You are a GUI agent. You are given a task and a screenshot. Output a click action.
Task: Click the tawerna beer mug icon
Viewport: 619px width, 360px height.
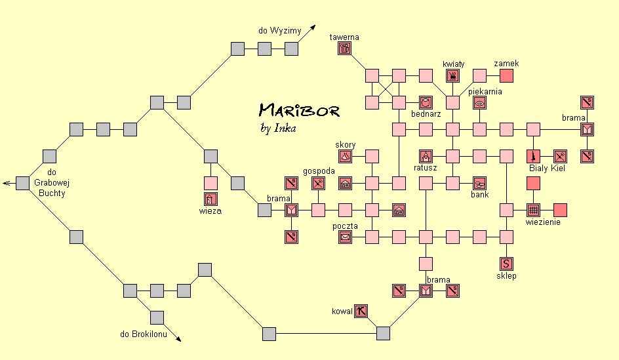click(345, 49)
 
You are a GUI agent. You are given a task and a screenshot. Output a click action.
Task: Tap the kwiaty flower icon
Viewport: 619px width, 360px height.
click(452, 76)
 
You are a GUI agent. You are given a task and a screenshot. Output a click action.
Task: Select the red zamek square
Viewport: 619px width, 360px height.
click(506, 76)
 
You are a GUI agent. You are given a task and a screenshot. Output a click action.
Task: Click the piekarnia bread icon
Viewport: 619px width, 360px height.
click(479, 103)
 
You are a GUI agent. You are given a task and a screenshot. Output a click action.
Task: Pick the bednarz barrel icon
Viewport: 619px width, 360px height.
click(426, 103)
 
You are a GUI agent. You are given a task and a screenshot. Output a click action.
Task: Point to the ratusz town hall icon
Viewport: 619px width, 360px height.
click(426, 156)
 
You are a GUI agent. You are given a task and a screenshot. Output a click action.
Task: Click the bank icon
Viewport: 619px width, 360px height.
click(479, 183)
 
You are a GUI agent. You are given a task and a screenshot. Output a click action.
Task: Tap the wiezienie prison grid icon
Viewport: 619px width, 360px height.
click(533, 210)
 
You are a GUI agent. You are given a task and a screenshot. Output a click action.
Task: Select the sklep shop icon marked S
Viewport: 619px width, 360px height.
click(506, 264)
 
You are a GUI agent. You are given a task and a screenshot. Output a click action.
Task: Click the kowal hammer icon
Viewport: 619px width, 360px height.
click(361, 311)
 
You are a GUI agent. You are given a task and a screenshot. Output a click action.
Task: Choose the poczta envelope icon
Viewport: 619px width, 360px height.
click(345, 237)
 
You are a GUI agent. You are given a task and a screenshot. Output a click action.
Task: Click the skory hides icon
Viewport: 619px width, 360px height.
click(345, 156)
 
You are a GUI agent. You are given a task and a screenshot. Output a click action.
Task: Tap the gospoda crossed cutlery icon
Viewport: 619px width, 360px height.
click(318, 183)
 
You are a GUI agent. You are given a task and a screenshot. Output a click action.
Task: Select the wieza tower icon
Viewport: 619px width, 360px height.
click(210, 199)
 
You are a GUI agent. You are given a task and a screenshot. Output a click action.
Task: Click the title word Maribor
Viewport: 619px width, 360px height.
click(299, 110)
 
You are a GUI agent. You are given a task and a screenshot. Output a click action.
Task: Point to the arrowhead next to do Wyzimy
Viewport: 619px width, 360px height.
click(313, 28)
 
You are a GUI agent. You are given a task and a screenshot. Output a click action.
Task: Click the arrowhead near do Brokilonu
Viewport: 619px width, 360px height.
click(178, 338)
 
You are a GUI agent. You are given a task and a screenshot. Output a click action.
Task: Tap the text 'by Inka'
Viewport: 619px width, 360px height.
click(278, 128)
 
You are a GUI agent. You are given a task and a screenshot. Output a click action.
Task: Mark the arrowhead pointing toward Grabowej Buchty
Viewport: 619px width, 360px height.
click(5, 183)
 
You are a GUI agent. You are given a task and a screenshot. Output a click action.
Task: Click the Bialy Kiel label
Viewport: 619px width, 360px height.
click(547, 169)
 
